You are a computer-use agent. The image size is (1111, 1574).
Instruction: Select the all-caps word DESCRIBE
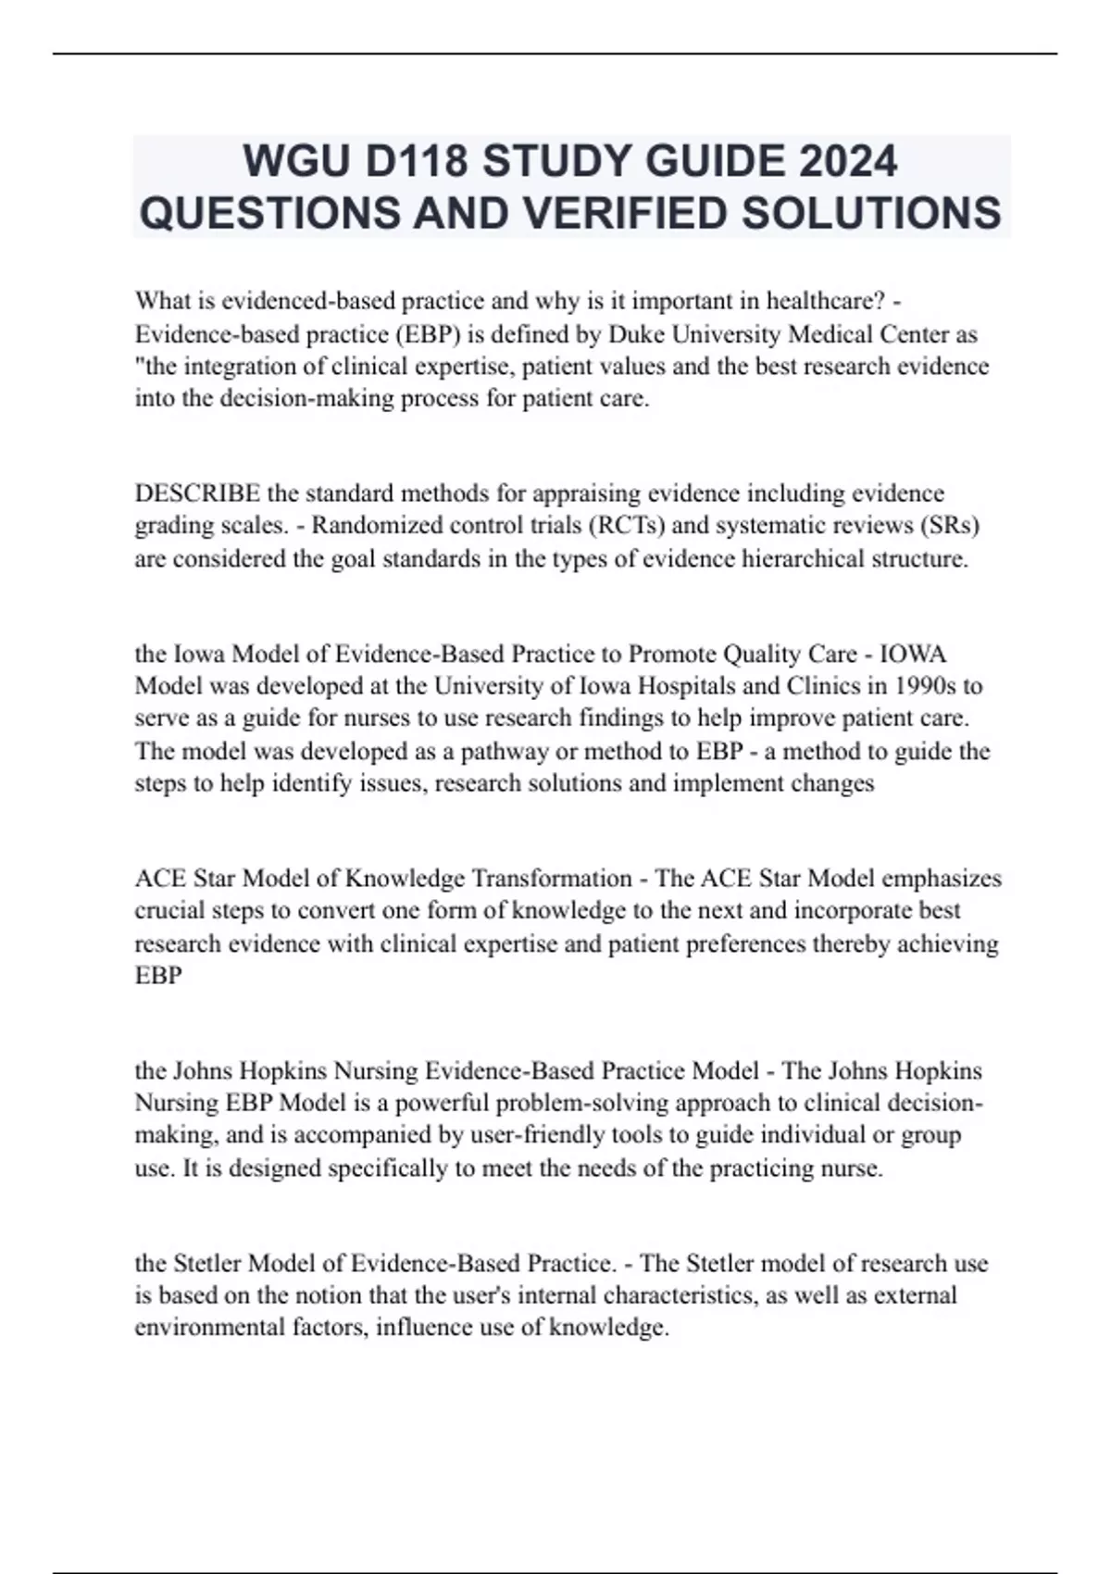[197, 493]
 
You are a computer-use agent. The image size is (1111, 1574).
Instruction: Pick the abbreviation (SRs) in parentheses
[949, 525]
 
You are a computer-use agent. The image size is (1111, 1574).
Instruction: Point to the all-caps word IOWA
[913, 654]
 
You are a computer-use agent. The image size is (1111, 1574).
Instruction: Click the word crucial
[170, 910]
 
